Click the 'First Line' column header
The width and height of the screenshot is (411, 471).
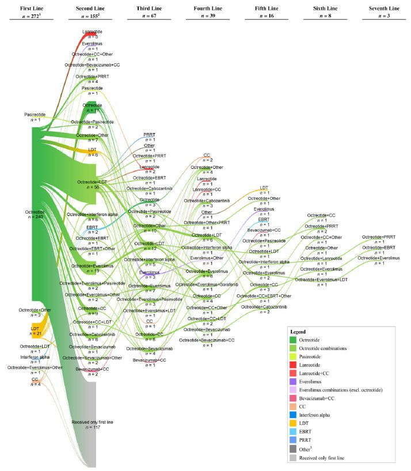click(x=31, y=10)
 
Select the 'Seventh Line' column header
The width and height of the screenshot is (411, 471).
click(x=384, y=10)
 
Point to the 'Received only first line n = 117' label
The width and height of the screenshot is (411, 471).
click(x=93, y=425)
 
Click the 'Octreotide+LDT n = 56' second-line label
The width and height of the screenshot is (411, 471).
click(x=93, y=184)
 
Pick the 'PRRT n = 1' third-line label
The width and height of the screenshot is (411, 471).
click(x=150, y=136)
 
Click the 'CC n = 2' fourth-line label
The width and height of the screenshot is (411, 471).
click(x=207, y=157)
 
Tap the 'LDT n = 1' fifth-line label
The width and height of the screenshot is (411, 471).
click(x=264, y=190)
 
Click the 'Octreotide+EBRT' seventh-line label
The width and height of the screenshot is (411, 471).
click(x=380, y=248)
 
